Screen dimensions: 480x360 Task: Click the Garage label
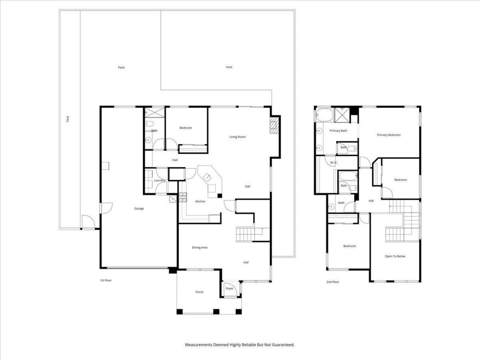[139, 208]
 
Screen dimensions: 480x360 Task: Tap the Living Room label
[237, 137]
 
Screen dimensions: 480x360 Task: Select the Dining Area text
[199, 247]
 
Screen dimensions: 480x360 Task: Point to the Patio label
[121, 67]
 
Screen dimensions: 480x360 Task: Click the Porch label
[199, 292]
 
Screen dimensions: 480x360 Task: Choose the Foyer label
[229, 288]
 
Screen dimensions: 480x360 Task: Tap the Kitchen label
[200, 201]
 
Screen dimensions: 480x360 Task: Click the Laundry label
[160, 180]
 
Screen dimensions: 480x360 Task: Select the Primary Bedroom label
[388, 135]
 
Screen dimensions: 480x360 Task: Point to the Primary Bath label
[338, 131]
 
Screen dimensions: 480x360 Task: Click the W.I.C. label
[334, 162]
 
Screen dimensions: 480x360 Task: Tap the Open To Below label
[395, 256]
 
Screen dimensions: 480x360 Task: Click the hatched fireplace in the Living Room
[274, 125]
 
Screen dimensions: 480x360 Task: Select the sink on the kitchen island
[207, 177]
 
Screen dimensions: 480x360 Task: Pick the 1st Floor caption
[106, 280]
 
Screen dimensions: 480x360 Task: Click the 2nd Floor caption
[333, 282]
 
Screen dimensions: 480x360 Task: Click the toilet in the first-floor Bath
[149, 124]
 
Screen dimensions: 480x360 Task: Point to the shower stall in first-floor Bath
[154, 113]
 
